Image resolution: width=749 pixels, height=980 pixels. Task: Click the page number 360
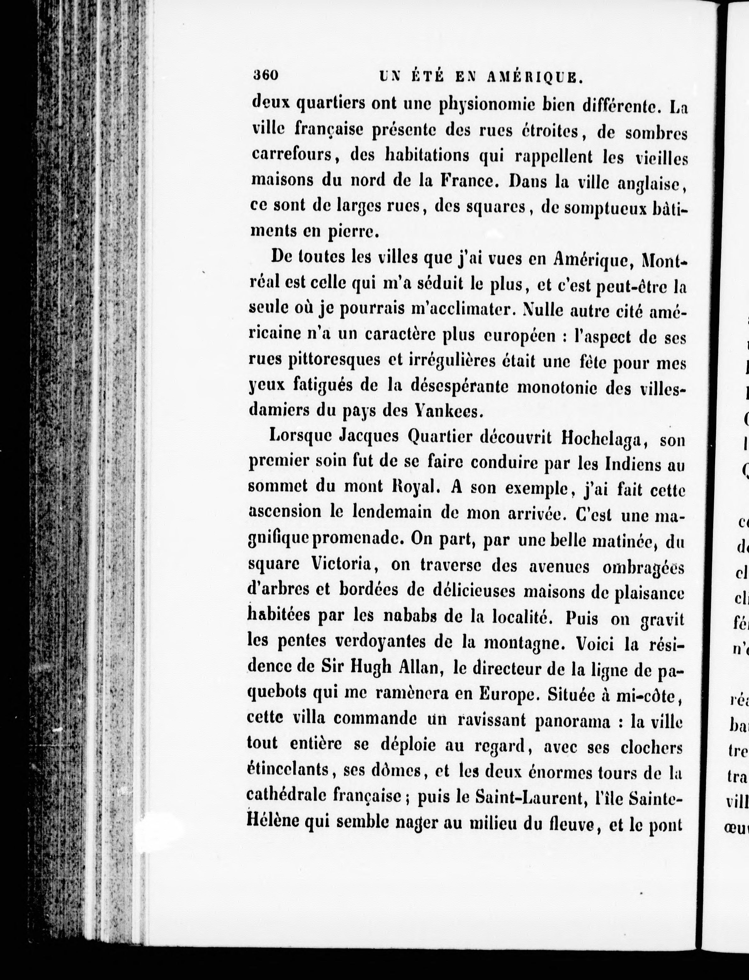point(265,75)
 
